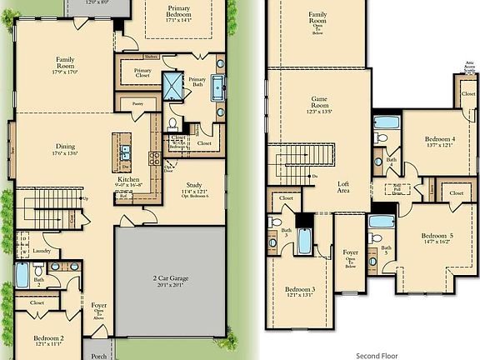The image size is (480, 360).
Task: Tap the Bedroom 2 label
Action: (49, 340)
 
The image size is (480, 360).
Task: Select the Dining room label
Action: (66, 148)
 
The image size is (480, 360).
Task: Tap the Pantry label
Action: (137, 103)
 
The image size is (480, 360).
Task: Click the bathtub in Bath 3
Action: (304, 241)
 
